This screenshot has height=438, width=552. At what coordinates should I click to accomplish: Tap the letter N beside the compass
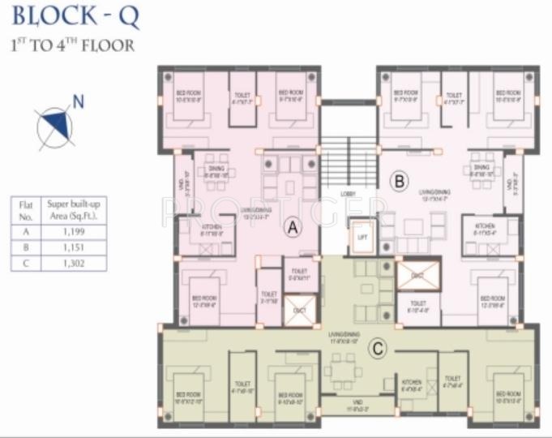(78, 101)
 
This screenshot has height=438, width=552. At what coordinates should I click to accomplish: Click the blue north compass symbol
(54, 123)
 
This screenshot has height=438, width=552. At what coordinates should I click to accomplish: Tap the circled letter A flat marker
(293, 230)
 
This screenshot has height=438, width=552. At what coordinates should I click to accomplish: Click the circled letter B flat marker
(398, 181)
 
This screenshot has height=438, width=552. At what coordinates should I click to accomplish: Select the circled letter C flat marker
(376, 350)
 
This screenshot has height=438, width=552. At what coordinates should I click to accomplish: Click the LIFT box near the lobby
(362, 238)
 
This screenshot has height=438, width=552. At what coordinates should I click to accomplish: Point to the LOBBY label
(349, 194)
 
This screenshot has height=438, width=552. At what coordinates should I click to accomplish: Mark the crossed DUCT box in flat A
(299, 310)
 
